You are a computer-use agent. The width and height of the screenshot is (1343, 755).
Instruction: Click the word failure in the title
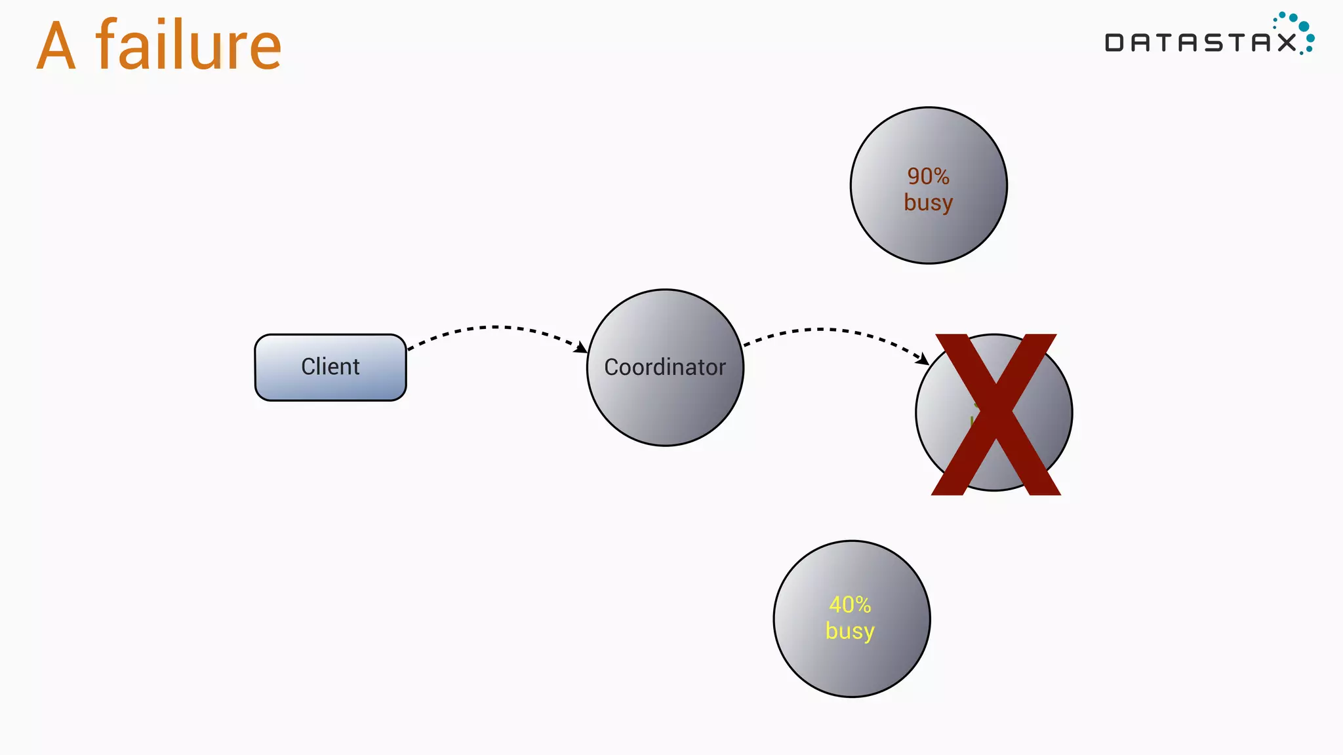pos(189,46)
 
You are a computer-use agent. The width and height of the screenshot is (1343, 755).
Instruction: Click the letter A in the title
pos(56,47)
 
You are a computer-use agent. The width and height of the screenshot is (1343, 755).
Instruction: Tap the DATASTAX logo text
pos(1200,43)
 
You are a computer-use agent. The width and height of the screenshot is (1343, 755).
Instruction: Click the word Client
pos(330,366)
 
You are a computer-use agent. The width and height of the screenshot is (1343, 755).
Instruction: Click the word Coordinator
pos(665,367)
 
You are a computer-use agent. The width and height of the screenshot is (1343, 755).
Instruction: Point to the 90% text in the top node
pos(928,176)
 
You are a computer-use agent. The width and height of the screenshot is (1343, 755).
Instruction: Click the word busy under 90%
pos(928,203)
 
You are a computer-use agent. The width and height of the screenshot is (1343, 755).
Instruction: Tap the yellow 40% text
pos(850,604)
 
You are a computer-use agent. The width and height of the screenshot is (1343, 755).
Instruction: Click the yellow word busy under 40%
pos(850,631)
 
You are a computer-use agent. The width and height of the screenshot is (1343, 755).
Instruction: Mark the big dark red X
pos(995,414)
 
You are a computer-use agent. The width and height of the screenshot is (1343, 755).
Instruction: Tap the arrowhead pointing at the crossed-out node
pos(923,358)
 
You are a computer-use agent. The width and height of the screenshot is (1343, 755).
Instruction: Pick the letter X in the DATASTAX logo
pos(1286,43)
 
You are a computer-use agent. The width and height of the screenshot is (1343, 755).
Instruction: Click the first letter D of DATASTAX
pos(1114,43)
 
